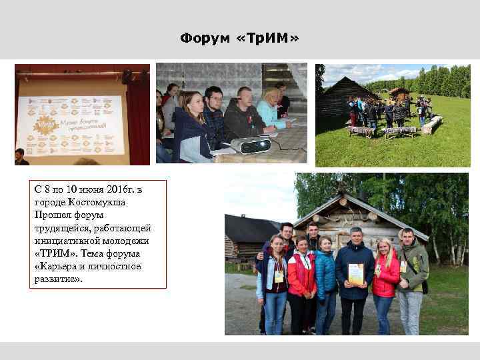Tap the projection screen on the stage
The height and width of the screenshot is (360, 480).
click(71, 119)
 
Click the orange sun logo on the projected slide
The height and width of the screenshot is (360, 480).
click(45, 124)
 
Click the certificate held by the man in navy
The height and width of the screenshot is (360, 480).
click(357, 274)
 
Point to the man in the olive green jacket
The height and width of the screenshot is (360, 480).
click(412, 267)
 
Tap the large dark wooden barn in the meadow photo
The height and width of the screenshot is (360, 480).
click(341, 98)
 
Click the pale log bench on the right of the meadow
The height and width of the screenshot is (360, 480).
click(432, 124)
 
